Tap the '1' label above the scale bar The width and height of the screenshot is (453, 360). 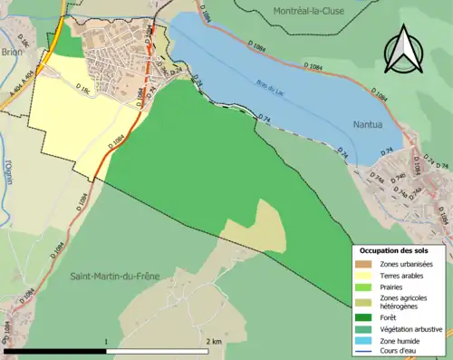(107, 341)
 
